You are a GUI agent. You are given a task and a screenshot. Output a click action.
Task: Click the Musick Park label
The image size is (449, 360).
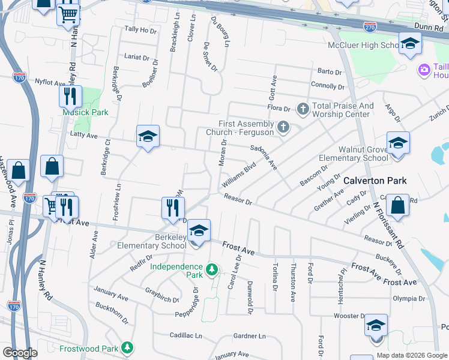[85, 112]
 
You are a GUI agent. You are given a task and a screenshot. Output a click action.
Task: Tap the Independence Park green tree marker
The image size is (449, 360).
[211, 271]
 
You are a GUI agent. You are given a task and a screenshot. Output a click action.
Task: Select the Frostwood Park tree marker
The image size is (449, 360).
[127, 347]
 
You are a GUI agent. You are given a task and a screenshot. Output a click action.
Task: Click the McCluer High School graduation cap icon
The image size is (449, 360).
[410, 44]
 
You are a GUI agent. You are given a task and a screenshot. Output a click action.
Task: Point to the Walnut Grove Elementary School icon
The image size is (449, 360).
[397, 144]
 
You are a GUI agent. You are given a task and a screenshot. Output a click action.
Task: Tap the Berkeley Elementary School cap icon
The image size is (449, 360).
[199, 231]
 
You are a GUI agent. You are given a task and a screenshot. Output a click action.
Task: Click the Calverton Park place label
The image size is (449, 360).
[375, 181]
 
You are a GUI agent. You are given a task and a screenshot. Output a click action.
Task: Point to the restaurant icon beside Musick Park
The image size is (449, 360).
[70, 96]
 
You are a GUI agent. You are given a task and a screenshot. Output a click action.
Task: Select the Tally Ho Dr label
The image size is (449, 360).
[139, 29]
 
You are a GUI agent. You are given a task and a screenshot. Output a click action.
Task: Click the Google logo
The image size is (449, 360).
[20, 353]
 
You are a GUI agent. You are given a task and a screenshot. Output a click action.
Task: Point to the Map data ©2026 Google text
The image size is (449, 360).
[411, 355]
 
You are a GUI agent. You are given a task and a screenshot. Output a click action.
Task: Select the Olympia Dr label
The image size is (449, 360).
[409, 298]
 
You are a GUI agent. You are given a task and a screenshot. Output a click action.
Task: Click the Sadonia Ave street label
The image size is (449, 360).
[264, 156]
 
